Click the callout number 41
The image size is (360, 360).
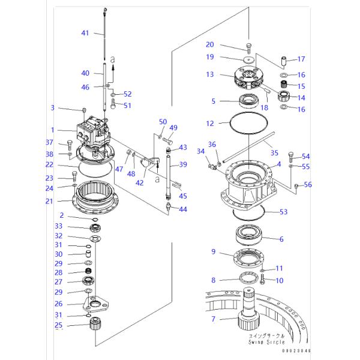(85, 33)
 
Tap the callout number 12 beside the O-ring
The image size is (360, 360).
(210, 124)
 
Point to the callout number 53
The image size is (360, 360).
(283, 211)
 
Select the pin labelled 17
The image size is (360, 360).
(283, 61)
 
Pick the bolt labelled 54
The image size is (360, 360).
(292, 158)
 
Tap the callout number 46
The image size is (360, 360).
(85, 87)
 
